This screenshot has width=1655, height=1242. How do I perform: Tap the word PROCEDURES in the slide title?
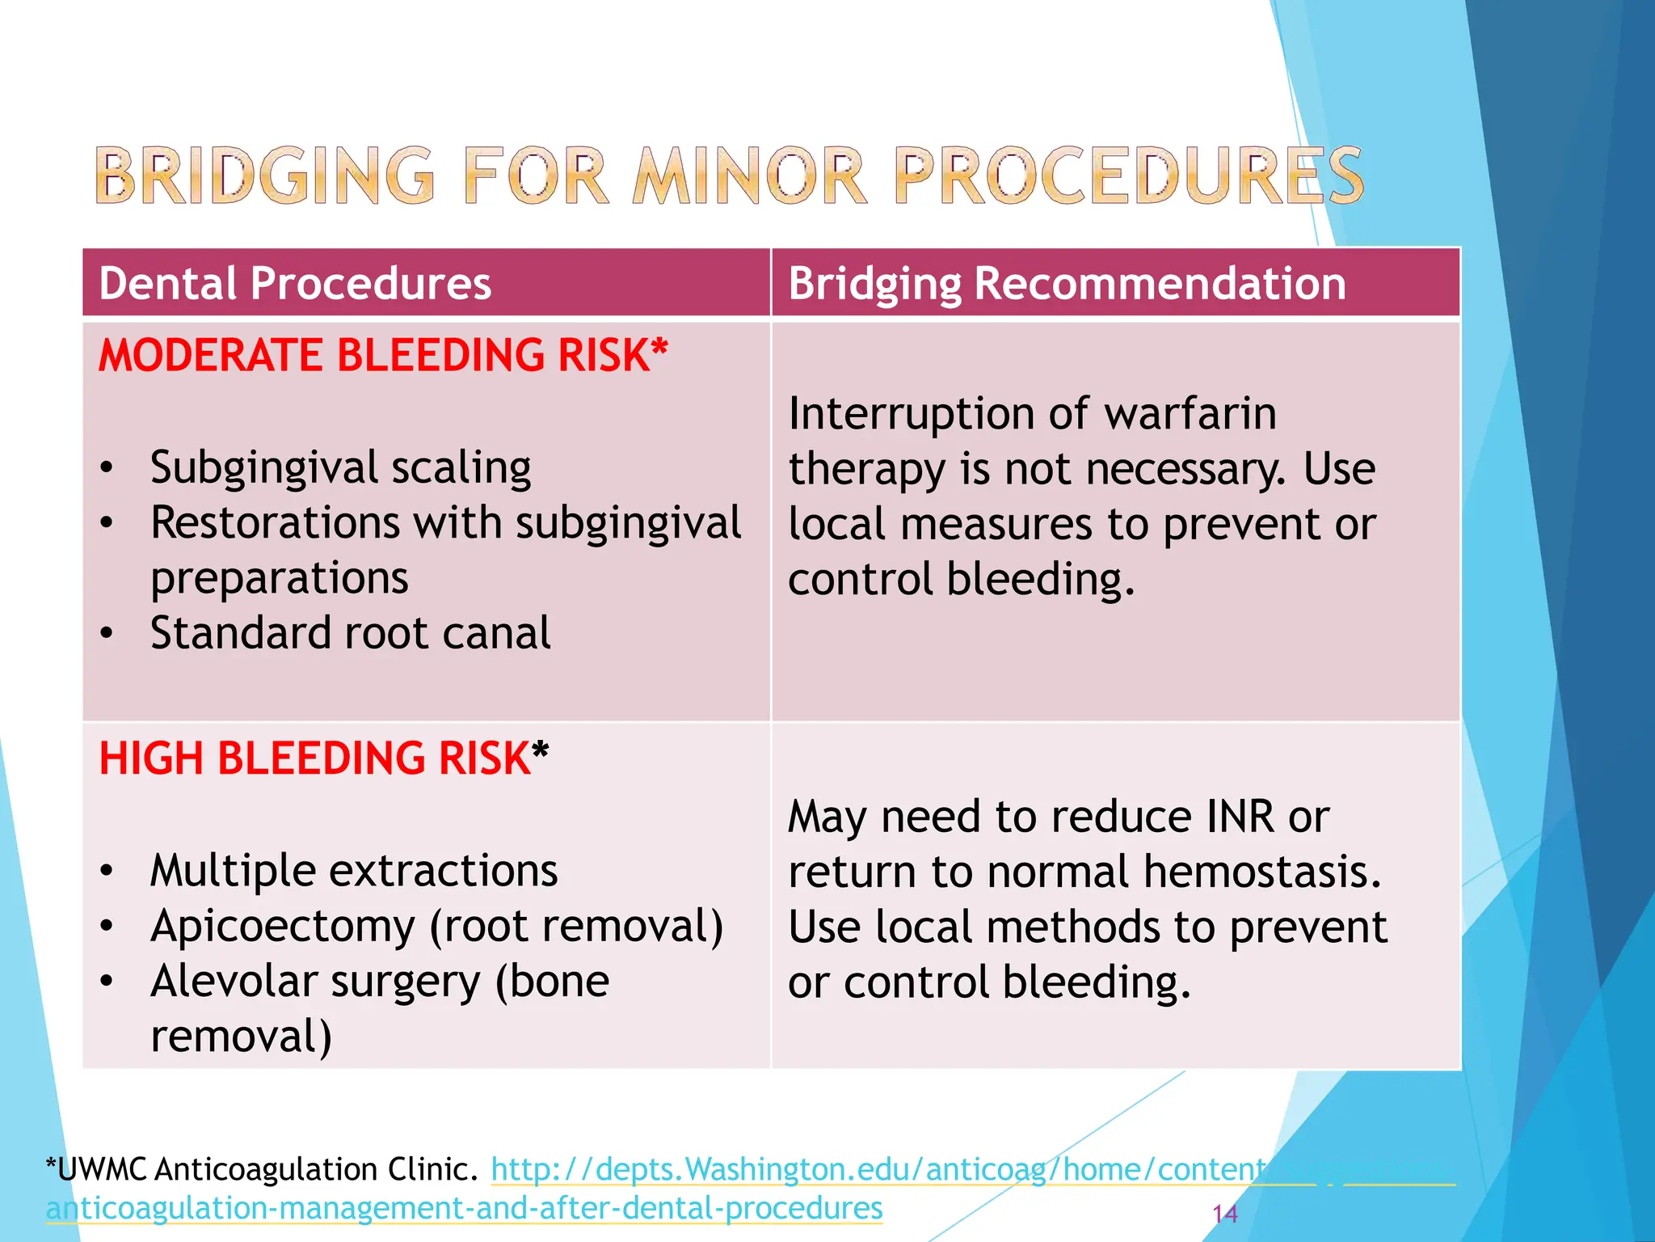tap(1128, 175)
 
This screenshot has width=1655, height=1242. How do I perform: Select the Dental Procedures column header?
tap(295, 284)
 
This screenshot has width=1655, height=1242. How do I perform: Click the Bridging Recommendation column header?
tap(1067, 284)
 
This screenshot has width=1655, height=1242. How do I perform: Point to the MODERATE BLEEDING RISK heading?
tap(383, 355)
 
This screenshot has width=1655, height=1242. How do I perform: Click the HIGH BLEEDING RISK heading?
tap(323, 758)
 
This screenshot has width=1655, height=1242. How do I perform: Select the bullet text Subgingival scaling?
tap(340, 467)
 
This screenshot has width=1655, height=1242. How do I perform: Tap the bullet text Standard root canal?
tap(350, 633)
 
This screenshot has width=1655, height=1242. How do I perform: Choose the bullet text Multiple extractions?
tap(354, 871)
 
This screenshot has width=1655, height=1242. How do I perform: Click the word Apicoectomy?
tap(283, 927)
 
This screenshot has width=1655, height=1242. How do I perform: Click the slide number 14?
tap(1224, 1213)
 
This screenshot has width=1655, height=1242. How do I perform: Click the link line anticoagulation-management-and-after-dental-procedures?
tap(464, 1208)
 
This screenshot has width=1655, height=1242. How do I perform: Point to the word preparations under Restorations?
tap(280, 578)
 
